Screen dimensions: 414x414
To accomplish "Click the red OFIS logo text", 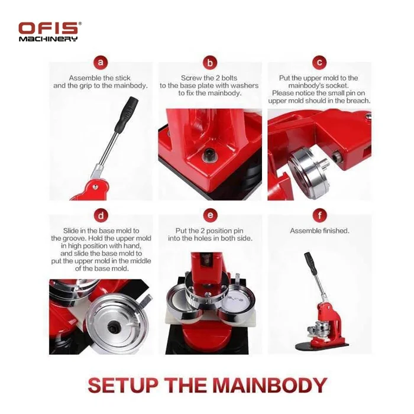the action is point(48,28).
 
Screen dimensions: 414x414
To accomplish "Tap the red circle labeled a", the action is point(101,63).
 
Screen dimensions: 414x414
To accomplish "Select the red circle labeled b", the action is point(210,63).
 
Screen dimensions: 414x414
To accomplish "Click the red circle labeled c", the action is point(319,63).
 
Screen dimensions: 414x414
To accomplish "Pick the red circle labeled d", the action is point(101,216).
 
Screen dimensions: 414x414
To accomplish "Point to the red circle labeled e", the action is point(210,215).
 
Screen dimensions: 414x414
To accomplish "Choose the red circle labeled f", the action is point(320,215).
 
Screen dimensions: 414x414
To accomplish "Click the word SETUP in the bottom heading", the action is point(123,385).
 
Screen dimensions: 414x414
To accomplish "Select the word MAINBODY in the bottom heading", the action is point(270,385).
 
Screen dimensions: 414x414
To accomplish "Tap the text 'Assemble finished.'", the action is point(319,231).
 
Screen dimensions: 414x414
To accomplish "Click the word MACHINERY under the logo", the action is point(48,39).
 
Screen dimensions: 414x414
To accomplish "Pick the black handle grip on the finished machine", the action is point(310,263).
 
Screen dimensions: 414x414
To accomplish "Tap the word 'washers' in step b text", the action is point(243,86).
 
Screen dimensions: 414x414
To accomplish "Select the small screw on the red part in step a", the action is point(95,187).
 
